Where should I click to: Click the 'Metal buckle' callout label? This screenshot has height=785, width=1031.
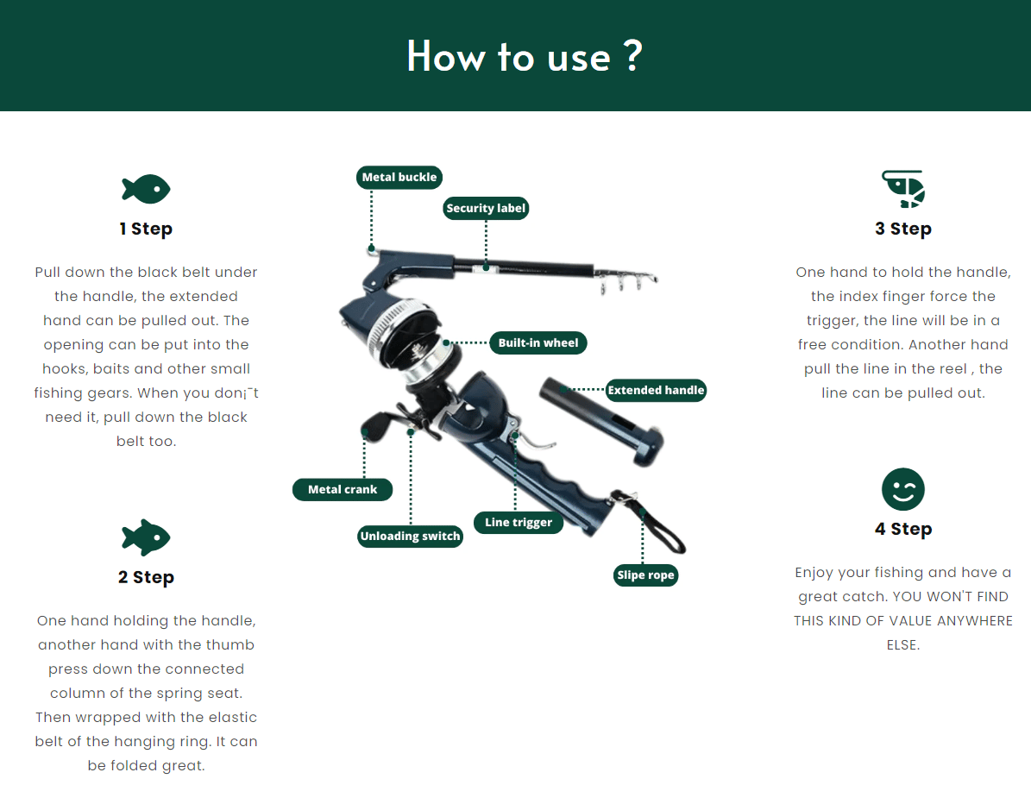click(x=399, y=177)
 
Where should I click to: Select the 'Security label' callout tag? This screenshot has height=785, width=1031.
click(x=486, y=209)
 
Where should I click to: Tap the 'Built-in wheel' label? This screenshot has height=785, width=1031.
click(x=538, y=342)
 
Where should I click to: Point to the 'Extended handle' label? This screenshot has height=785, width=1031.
click(x=656, y=390)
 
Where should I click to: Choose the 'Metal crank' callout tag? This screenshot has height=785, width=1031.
click(x=343, y=489)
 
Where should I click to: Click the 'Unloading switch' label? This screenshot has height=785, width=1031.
click(x=411, y=536)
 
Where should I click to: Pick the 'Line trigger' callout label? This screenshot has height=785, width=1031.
click(x=519, y=522)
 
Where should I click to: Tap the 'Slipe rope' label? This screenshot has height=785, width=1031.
click(x=645, y=575)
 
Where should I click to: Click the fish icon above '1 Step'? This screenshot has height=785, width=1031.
click(x=146, y=189)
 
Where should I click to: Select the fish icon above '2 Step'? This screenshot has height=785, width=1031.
click(x=146, y=537)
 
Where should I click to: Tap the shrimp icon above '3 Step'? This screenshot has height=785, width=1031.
click(x=903, y=189)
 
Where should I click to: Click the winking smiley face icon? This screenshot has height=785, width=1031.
click(x=903, y=489)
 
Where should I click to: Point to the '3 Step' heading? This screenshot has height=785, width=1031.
click(x=903, y=229)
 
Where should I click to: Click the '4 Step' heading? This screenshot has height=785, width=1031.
click(x=903, y=530)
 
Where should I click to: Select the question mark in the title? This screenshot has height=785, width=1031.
click(x=632, y=56)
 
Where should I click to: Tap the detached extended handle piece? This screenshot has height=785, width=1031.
click(x=600, y=421)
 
